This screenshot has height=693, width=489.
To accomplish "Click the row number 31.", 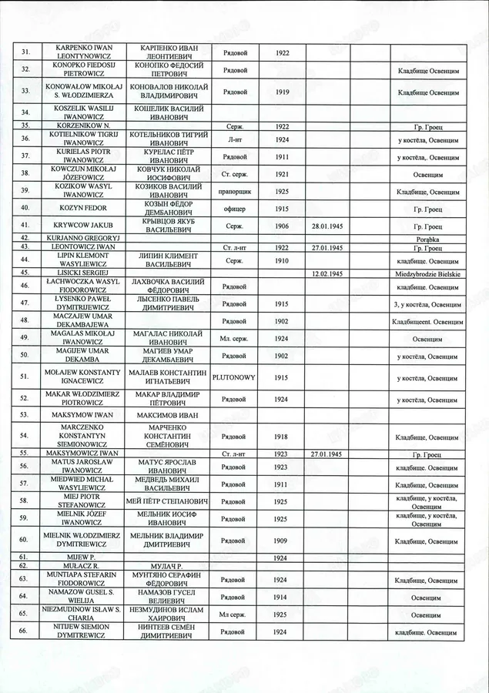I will [x=25, y=52].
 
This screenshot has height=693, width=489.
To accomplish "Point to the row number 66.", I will [x=25, y=631].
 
